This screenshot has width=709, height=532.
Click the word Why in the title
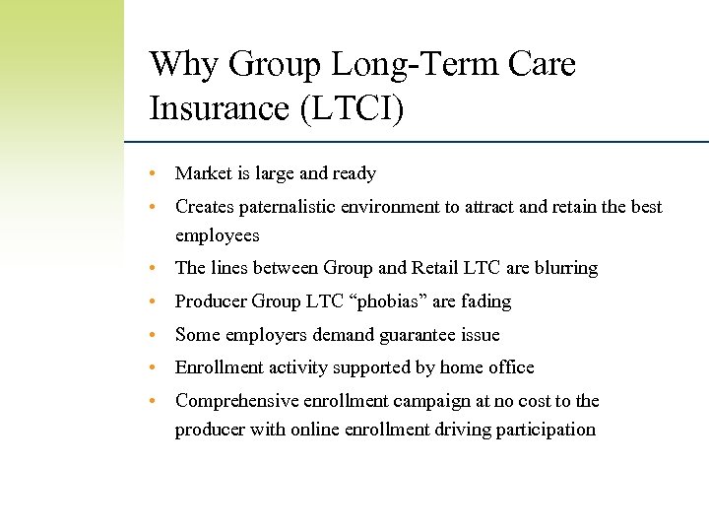coord(184,65)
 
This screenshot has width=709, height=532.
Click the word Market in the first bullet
coord(203,173)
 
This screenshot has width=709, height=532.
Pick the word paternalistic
coord(292,207)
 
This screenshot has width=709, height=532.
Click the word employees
coord(217,235)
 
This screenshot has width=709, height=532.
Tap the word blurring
coord(563,268)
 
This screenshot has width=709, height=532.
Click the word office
coord(510,367)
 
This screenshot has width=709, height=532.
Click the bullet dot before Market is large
coord(154,174)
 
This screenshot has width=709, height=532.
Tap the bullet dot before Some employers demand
coord(154,336)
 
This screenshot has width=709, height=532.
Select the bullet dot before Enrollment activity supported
coord(154,368)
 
